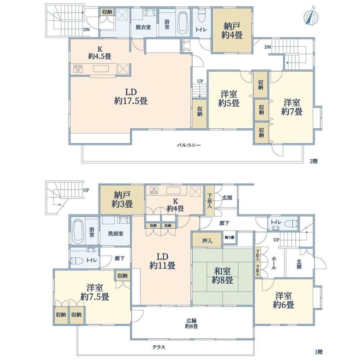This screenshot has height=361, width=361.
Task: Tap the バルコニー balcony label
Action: point(189,145)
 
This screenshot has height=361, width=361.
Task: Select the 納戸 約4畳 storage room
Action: point(232,30)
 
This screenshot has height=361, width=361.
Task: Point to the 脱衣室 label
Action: point(143,27)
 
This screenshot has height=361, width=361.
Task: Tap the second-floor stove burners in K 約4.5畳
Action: point(78,68)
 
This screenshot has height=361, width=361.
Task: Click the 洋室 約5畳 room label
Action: point(229,98)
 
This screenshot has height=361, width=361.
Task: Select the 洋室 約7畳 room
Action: point(292,107)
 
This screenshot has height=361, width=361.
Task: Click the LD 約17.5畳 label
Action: point(131,97)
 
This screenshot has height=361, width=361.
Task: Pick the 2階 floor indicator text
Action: point(314,161)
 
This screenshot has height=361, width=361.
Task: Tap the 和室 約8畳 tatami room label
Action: point(222,275)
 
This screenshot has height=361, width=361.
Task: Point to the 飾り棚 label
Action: point(230,237)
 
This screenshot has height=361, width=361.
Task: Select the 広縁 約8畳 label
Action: point(191,323)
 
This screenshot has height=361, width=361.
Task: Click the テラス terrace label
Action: point(159,347)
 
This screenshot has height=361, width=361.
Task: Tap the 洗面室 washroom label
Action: point(116,233)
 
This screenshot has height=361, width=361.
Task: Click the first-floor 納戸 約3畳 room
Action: point(122,200)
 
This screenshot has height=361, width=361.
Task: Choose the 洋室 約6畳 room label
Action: point(283,300)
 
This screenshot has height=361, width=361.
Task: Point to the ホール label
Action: point(273,263)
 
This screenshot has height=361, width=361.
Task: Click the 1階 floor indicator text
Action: point(319,352)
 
